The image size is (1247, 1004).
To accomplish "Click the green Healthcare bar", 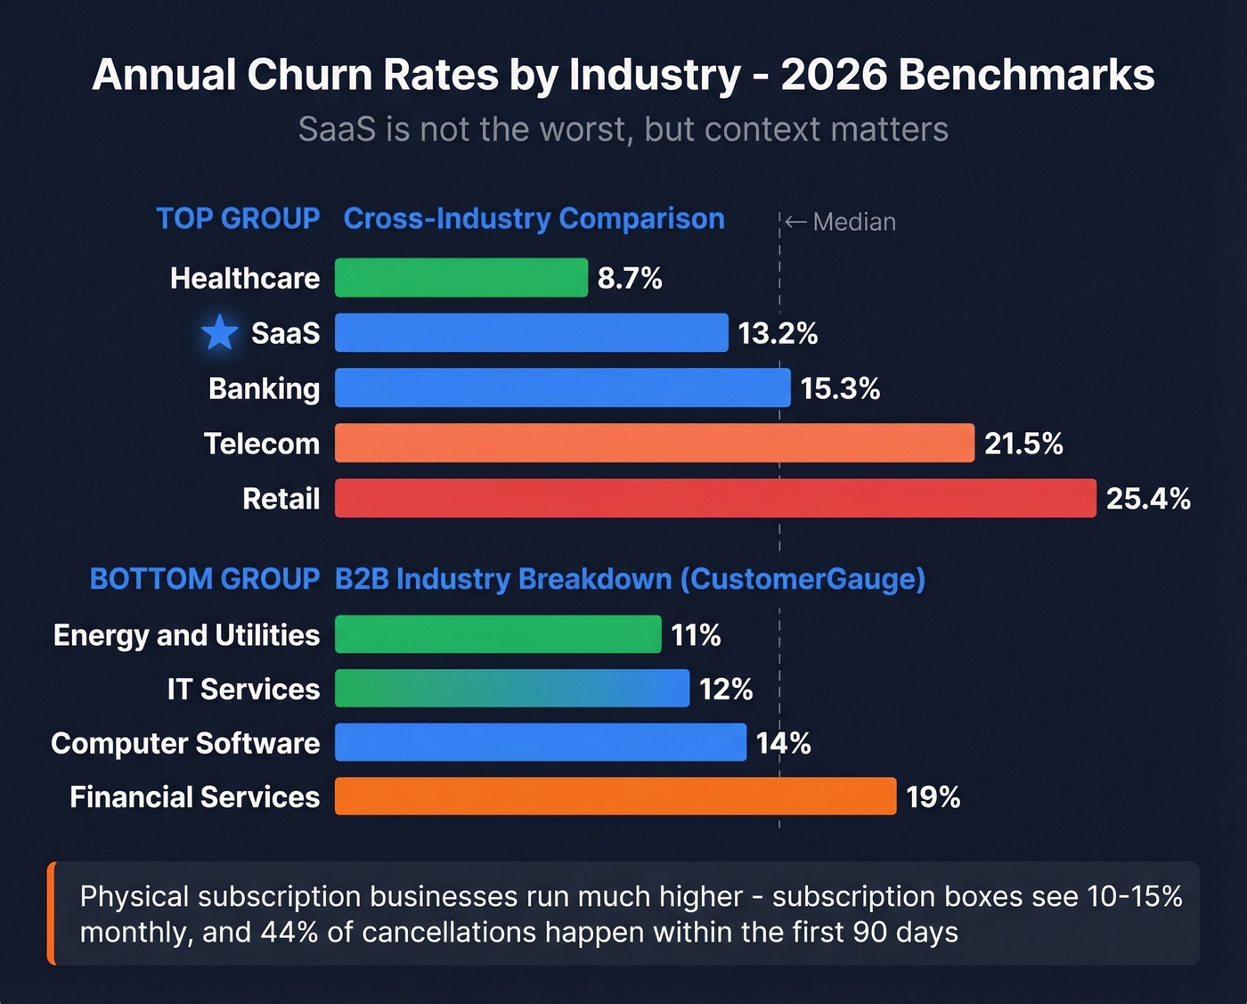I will (x=460, y=278).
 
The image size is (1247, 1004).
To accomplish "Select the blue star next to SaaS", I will (x=219, y=333).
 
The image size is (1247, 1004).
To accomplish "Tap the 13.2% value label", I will (x=778, y=333).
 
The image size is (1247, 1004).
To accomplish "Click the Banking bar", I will (x=562, y=388).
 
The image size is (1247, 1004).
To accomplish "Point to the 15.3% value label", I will (x=840, y=388).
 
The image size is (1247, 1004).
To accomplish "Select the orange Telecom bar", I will (x=654, y=444).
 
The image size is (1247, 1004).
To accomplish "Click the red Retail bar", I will (x=714, y=498).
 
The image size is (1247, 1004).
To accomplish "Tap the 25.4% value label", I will (x=1147, y=498).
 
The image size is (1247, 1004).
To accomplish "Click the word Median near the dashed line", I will (x=854, y=222).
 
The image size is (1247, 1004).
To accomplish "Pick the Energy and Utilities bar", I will (x=498, y=634).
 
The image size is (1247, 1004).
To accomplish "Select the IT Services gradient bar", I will (x=511, y=689).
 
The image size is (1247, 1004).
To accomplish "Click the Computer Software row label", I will (x=185, y=743).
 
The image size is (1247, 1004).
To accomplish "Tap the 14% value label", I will (x=783, y=743).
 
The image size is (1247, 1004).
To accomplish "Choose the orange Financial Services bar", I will (x=615, y=796).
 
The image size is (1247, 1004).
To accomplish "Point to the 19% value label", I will (x=933, y=796).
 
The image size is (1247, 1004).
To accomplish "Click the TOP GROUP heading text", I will (x=238, y=218).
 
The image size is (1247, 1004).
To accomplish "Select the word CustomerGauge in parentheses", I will (x=802, y=579).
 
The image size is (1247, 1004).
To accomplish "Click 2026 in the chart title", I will (x=834, y=75).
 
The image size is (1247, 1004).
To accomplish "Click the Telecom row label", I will (x=261, y=444).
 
